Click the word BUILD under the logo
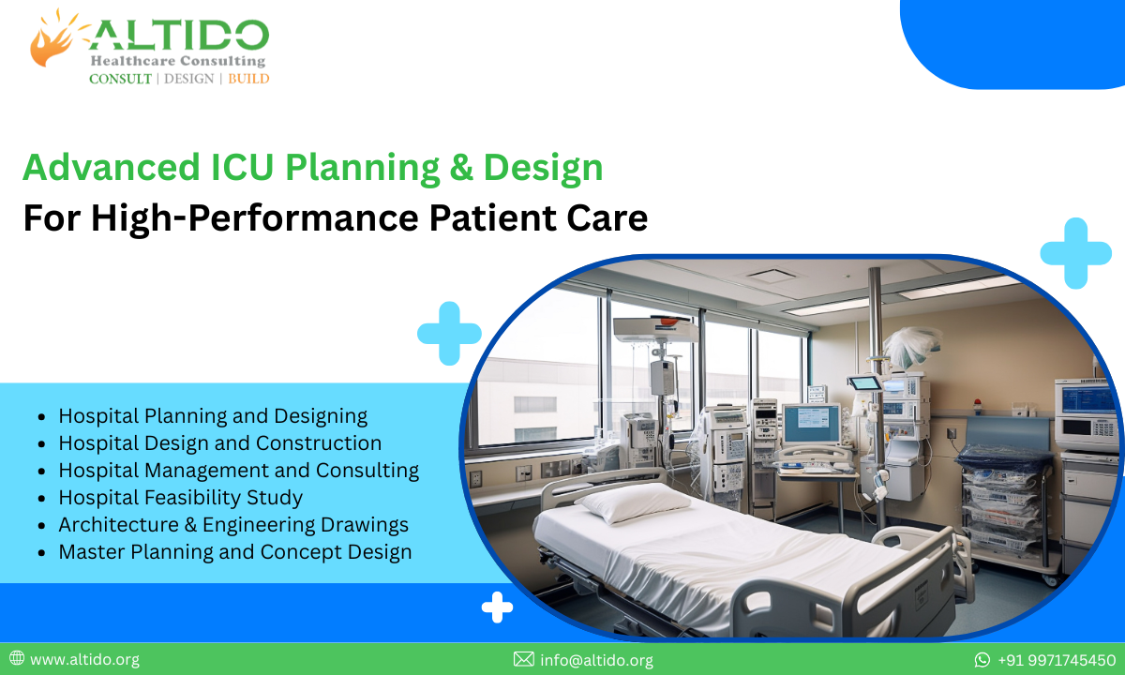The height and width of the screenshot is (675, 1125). pyautogui.click(x=248, y=79)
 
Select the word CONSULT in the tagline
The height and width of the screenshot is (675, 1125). pyautogui.click(x=120, y=79)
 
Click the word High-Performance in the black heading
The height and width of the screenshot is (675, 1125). pyautogui.click(x=256, y=218)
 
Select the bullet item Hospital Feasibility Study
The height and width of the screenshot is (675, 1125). pyautogui.click(x=180, y=497)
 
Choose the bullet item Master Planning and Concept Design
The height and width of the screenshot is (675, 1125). pyautogui.click(x=234, y=551)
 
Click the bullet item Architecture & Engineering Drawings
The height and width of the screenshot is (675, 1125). pyautogui.click(x=232, y=524)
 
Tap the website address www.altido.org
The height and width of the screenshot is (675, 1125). pyautogui.click(x=84, y=660)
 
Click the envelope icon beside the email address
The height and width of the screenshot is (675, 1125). pyautogui.click(x=524, y=660)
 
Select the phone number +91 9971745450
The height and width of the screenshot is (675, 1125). pyautogui.click(x=1057, y=660)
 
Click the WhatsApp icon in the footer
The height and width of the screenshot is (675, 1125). pyautogui.click(x=982, y=660)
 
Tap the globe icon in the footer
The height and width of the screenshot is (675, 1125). pyautogui.click(x=17, y=659)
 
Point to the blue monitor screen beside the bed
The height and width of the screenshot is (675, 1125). pyautogui.click(x=811, y=424)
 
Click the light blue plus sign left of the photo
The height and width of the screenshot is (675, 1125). pyautogui.click(x=449, y=333)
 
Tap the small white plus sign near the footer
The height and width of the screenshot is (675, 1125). pyautogui.click(x=497, y=608)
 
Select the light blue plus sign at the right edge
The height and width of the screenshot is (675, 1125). pyautogui.click(x=1074, y=252)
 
